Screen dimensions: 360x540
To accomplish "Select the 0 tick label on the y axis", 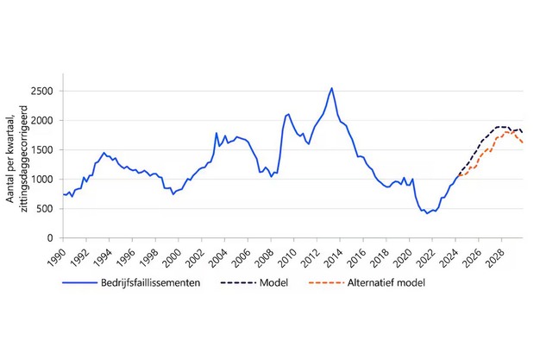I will (x=51, y=237).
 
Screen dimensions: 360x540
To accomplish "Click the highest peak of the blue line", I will (x=332, y=88).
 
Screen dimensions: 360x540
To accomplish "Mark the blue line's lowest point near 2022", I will (x=427, y=212).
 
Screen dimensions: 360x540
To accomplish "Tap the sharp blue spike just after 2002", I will (x=217, y=133).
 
